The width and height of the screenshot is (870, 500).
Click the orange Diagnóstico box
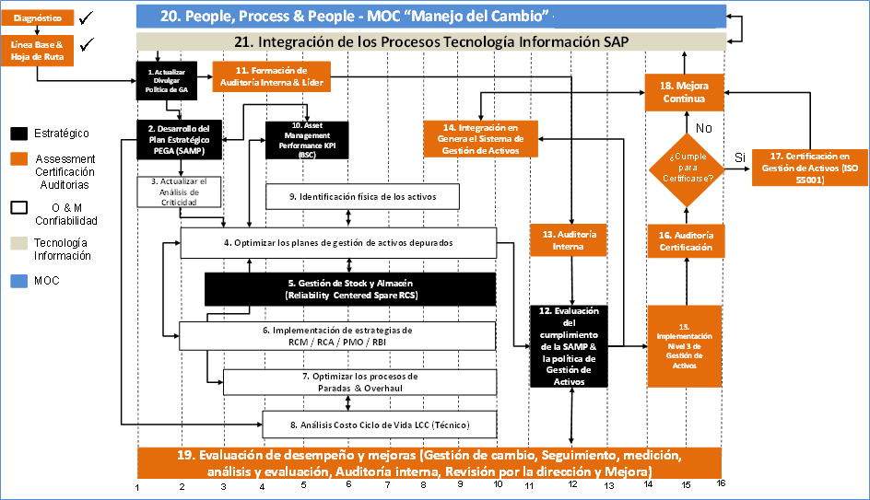pyautogui.click(x=38, y=17)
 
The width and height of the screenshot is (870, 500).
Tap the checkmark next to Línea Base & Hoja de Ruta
pyautogui.click(x=88, y=45)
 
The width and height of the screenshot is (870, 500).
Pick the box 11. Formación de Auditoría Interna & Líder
pyautogui.click(x=271, y=76)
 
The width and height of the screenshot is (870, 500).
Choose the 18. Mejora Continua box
pyautogui.click(x=683, y=91)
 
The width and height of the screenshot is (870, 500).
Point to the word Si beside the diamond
pyautogui.click(x=739, y=158)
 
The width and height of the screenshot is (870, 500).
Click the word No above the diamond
pyautogui.click(x=705, y=128)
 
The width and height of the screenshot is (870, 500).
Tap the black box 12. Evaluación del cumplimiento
pyautogui.click(x=571, y=345)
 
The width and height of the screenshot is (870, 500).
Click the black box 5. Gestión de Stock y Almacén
pyautogui.click(x=349, y=288)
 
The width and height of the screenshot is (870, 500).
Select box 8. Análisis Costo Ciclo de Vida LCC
pyautogui.click(x=380, y=424)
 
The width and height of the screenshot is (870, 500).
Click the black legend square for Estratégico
pyautogui.click(x=20, y=134)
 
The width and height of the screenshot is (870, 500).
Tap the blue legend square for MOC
pyautogui.click(x=20, y=281)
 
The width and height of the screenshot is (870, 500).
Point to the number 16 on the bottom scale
pyautogui.click(x=721, y=483)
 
